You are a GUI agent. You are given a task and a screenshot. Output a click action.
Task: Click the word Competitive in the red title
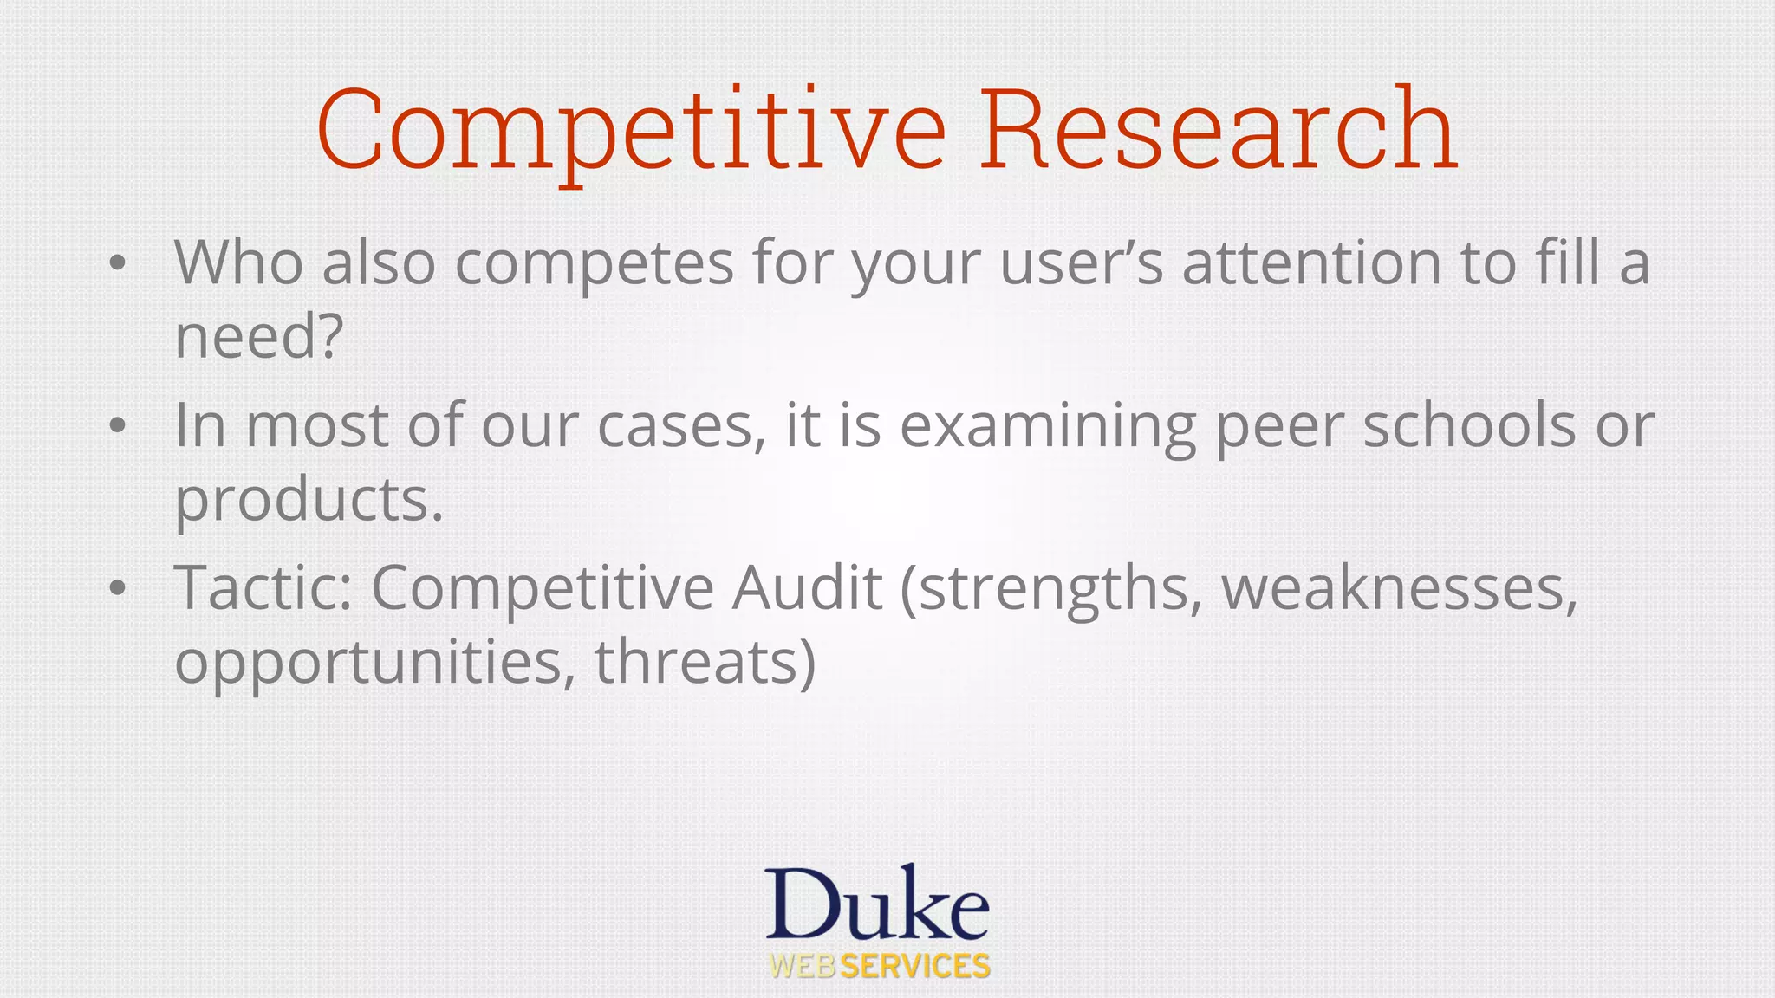point(631,130)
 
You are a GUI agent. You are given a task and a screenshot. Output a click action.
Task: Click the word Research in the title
point(1219,130)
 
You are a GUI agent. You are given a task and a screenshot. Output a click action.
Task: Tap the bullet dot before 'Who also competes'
point(118,263)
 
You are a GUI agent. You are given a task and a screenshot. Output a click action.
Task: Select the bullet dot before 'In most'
point(118,426)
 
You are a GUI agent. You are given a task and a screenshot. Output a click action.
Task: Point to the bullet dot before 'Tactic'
point(118,589)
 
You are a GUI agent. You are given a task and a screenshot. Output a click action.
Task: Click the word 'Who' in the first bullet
point(238,262)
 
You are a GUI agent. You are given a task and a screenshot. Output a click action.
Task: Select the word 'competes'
point(595,263)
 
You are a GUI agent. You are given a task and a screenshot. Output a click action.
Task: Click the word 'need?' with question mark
point(259,336)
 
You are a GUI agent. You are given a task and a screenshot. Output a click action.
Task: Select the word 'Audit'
point(807,587)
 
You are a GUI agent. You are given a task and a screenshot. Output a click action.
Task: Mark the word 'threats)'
point(705,664)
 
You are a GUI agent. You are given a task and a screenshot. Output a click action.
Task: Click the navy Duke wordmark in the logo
point(877,904)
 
